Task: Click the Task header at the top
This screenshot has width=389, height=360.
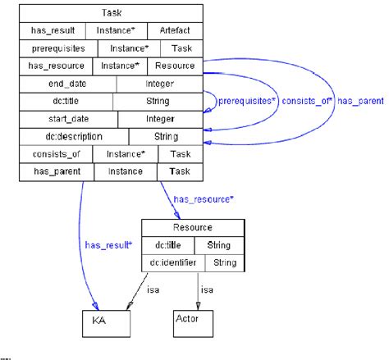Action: point(111,13)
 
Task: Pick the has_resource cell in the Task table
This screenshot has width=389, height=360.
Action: point(55,66)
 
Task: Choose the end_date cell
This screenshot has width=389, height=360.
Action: point(67,83)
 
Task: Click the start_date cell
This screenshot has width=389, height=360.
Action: point(69,118)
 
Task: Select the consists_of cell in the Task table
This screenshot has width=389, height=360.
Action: point(56,153)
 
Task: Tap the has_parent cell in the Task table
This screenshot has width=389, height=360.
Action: point(56,171)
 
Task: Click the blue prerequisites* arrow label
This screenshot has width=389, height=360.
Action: point(246,103)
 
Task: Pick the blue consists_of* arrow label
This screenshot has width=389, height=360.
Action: point(307,103)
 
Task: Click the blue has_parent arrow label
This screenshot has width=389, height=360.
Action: point(360,103)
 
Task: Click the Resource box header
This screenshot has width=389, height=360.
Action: point(193,227)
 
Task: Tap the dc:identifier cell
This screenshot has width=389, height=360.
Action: point(172,262)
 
